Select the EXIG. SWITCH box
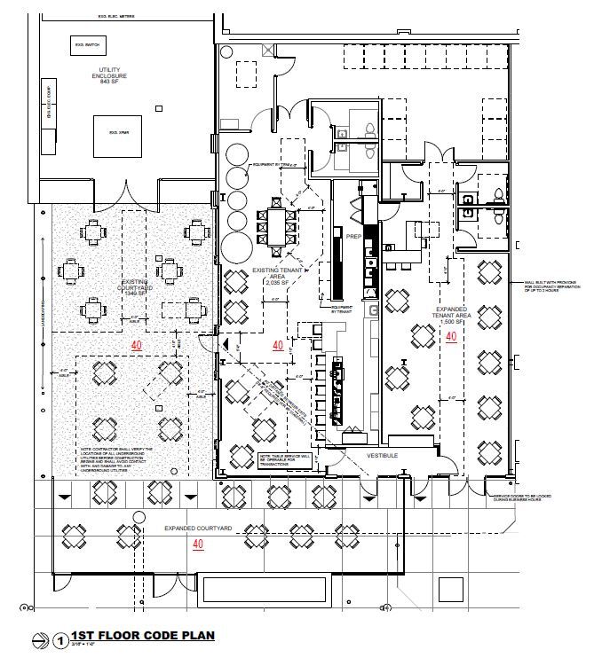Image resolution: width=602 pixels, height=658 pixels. pyautogui.click(x=85, y=44)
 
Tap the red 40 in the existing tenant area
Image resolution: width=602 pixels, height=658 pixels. pyautogui.click(x=278, y=345)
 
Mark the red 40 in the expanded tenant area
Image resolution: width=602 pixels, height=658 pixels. pyautogui.click(x=451, y=336)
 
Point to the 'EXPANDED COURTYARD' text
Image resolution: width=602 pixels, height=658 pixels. pyautogui.click(x=197, y=529)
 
